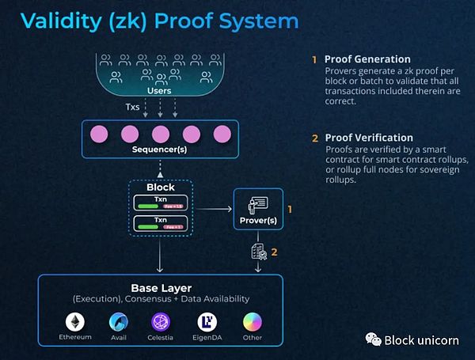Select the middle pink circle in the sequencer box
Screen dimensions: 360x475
(x=161, y=133)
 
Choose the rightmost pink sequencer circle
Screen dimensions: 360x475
(x=222, y=133)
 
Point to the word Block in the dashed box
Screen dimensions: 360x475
(x=161, y=188)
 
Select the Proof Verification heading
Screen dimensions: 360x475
(x=369, y=138)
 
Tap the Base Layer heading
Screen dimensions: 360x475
(x=161, y=287)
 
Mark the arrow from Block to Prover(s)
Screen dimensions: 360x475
(x=213, y=210)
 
